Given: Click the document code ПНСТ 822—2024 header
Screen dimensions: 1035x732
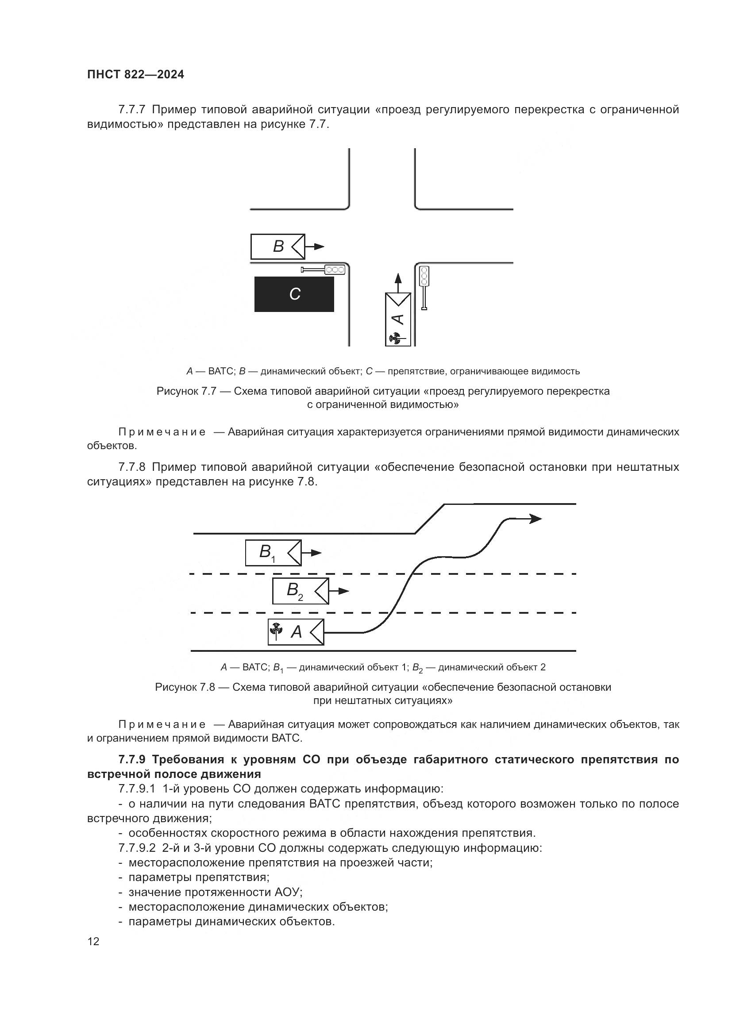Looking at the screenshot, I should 136,75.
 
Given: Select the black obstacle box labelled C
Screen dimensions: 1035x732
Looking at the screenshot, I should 294,294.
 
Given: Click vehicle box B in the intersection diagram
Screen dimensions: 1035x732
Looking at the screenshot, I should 277,246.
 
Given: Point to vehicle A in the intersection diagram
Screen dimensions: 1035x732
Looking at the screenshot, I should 398,319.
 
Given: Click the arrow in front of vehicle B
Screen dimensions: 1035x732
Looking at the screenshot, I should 316,246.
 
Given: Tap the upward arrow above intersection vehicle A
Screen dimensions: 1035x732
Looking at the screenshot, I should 397,282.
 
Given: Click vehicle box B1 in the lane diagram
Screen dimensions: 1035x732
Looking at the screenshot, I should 273,553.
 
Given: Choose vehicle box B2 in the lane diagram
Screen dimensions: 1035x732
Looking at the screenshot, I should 300,591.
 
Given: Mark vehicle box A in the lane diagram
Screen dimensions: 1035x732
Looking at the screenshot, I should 296,632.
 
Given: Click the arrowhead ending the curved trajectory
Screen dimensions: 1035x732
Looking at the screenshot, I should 536,519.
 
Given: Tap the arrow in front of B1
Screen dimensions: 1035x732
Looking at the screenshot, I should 312,553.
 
